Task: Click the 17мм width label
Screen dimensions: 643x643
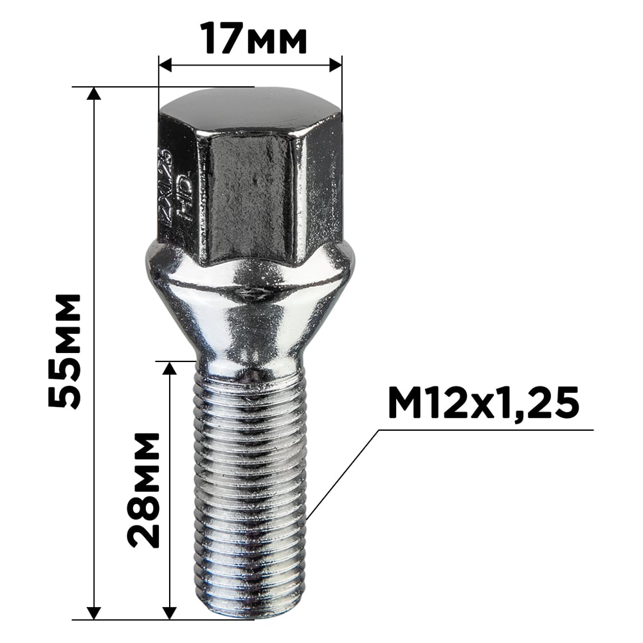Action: (253, 39)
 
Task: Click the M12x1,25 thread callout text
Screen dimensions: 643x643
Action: (484, 404)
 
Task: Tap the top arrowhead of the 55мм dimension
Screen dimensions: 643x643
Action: (94, 94)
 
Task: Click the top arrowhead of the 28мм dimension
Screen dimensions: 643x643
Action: (170, 368)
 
